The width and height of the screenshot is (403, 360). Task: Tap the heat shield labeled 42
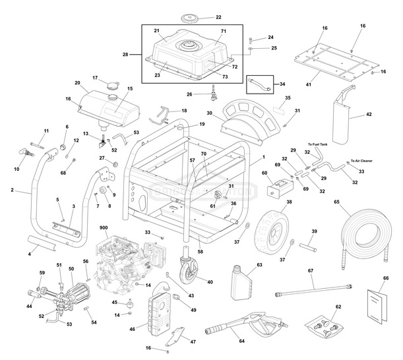pos(346,119)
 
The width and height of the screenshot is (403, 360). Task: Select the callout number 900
pos(104,227)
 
